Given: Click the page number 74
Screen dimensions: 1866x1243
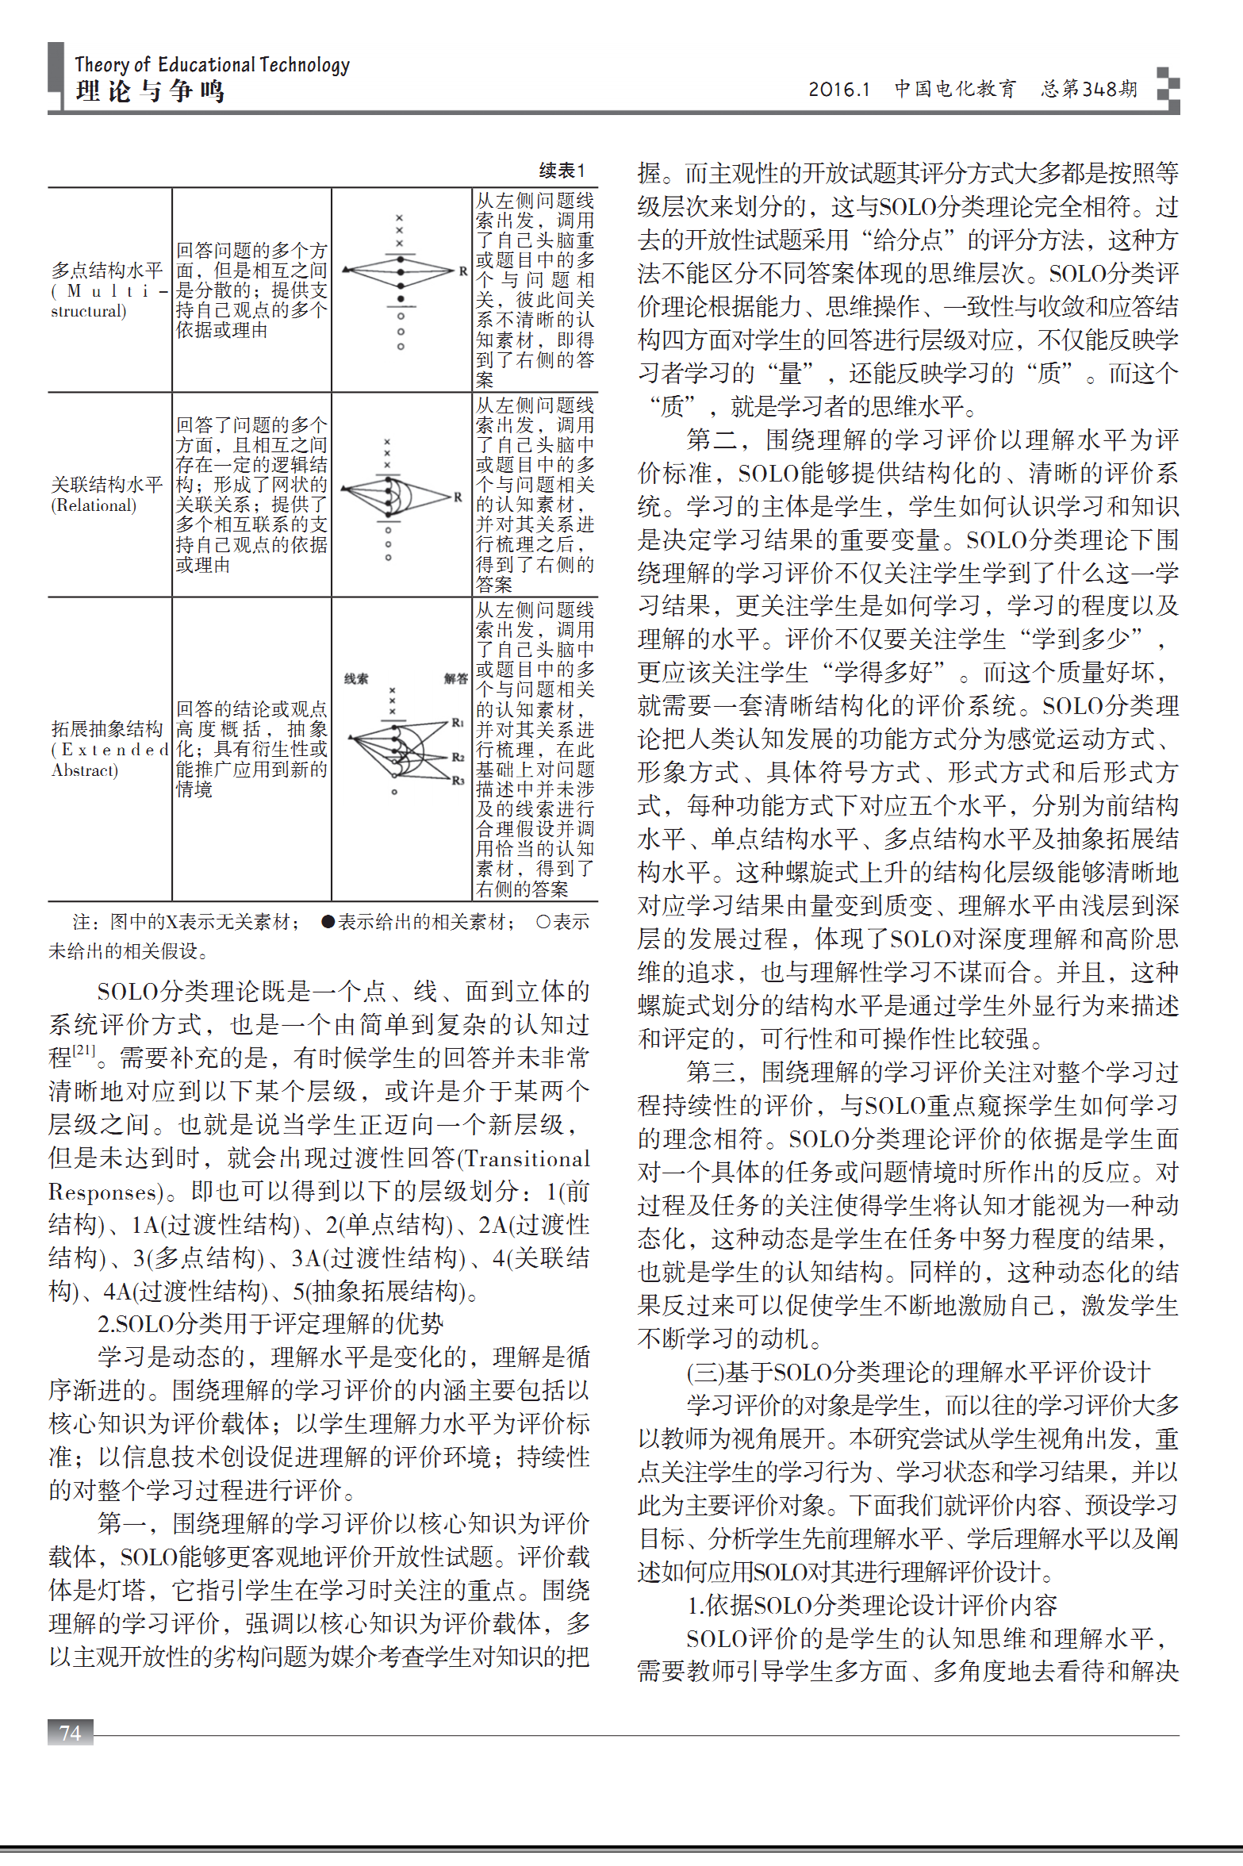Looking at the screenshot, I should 71,1732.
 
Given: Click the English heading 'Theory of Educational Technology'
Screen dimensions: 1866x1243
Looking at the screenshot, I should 212,64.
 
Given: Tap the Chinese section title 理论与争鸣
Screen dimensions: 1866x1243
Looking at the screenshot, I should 150,91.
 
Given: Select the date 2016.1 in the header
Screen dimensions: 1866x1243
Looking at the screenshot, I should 838,89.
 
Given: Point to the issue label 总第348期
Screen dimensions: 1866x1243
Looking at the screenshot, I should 1089,88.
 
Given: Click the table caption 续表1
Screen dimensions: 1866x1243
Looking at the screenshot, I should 562,171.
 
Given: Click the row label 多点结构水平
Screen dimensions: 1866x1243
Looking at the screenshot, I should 107,271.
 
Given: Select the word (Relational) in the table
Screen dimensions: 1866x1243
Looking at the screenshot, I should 94,505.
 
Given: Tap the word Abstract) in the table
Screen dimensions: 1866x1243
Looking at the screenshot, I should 84,770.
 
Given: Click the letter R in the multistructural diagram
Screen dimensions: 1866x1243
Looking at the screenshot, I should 463,271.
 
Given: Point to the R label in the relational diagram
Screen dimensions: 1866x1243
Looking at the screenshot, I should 458,497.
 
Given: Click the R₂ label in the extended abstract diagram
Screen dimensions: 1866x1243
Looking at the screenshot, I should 458,757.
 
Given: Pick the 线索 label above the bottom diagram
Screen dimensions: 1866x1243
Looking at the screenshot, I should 356,678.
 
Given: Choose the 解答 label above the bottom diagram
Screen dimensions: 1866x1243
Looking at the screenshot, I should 456,678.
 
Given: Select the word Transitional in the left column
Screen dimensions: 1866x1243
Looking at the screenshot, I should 528,1158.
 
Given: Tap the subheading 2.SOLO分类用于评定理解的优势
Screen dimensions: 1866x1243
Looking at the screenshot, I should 270,1323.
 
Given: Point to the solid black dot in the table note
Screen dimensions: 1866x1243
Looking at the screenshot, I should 328,921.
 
